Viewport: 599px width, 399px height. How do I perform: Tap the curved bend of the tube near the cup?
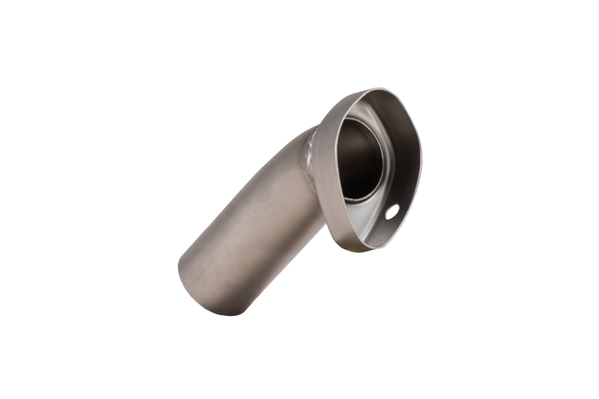(x=295, y=150)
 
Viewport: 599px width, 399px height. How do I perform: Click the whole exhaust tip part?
(x=299, y=199)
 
